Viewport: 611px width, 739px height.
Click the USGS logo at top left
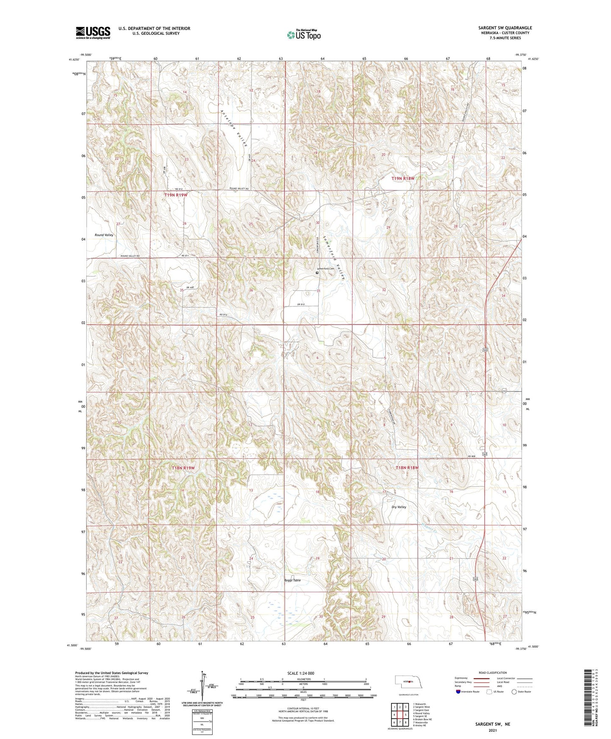93,32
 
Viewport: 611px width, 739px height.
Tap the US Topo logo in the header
303,35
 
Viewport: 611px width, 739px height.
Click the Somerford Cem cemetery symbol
317,273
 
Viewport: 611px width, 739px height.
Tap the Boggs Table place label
293,580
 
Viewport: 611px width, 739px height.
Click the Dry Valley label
399,507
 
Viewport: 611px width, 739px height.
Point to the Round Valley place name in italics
104,235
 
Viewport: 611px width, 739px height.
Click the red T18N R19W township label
183,468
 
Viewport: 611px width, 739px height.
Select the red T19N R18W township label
403,179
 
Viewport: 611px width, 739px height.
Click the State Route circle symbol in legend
514,692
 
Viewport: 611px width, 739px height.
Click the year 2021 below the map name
493,730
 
